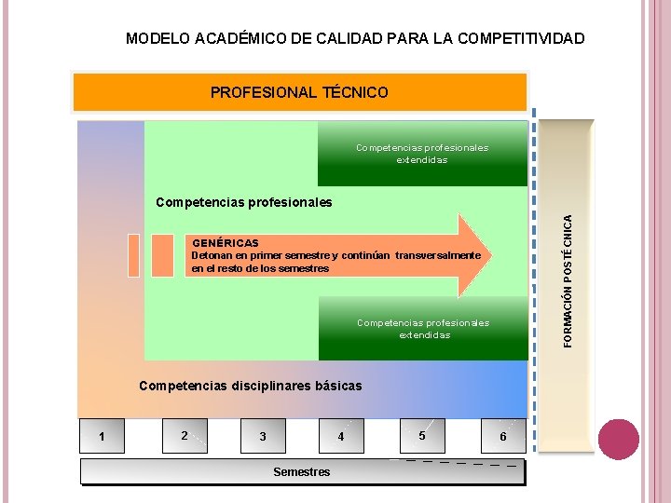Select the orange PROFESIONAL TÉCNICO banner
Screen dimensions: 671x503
click(x=299, y=92)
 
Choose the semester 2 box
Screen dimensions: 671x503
click(x=185, y=435)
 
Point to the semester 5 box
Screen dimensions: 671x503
click(x=422, y=434)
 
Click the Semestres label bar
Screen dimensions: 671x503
click(x=302, y=472)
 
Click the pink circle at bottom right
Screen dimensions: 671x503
click(x=618, y=439)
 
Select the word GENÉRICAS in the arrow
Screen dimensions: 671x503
click(x=226, y=243)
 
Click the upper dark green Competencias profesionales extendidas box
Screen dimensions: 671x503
click(x=422, y=154)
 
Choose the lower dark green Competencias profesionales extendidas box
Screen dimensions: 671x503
click(x=422, y=329)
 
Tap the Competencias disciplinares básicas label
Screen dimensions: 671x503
click(x=250, y=386)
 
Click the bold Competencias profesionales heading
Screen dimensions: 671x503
click(x=243, y=202)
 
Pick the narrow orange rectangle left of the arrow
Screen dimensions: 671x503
click(x=134, y=254)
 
